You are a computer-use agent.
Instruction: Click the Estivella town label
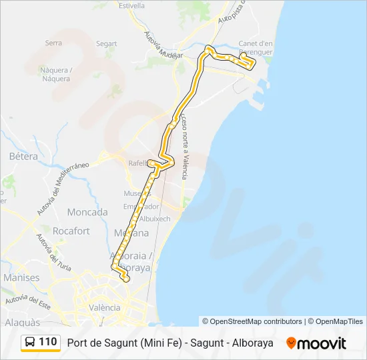click(x=131, y=5)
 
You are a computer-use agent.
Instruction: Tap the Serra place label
click(x=53, y=43)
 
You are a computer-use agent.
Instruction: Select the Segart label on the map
click(x=106, y=44)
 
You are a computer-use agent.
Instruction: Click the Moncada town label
click(x=87, y=212)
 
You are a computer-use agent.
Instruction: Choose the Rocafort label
click(x=71, y=231)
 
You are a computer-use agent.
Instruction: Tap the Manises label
click(x=21, y=277)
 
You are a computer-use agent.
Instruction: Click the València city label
click(x=105, y=307)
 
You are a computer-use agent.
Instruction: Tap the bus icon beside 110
click(x=30, y=343)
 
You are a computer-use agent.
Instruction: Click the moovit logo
click(x=316, y=343)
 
